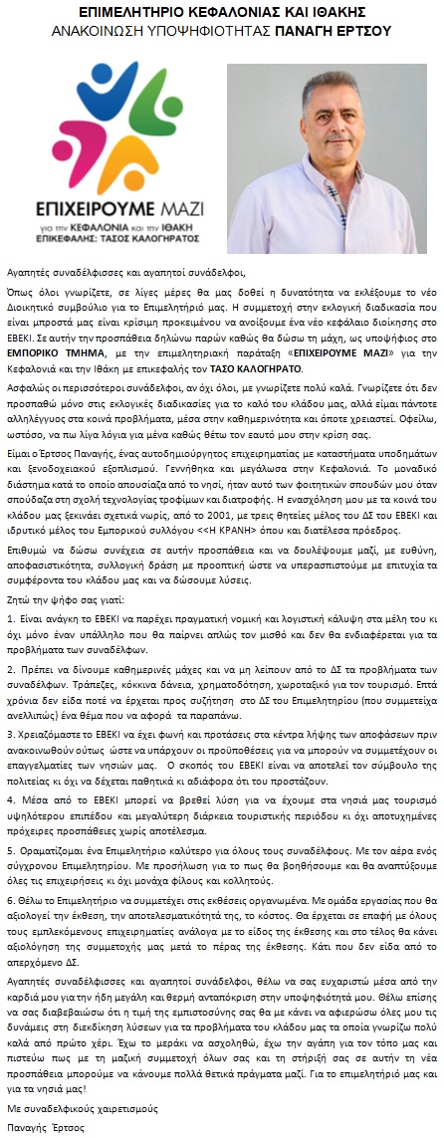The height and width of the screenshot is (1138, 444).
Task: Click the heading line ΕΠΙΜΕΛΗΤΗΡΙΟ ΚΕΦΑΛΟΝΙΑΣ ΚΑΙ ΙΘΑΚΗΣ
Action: point(222,13)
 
